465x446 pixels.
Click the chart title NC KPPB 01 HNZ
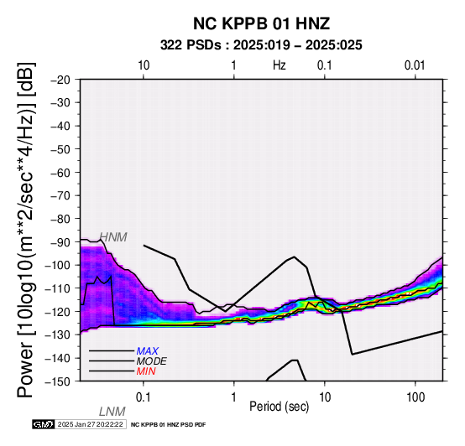[261, 23]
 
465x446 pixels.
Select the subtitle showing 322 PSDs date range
[261, 45]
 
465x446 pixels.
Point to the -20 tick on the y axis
[60, 80]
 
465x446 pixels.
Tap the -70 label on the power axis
[60, 196]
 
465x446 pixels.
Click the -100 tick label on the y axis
[58, 266]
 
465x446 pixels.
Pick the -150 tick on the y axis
[58, 381]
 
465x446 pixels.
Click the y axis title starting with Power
[26, 230]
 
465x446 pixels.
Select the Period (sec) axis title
[279, 407]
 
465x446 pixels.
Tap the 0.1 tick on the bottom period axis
[144, 397]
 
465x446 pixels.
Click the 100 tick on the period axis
[415, 397]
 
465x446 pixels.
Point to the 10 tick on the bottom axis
[325, 397]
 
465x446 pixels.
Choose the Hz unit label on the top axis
[279, 65]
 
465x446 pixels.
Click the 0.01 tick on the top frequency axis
[415, 65]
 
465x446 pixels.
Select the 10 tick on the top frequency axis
[144, 65]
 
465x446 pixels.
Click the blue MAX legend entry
[148, 351]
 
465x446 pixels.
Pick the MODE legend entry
[152, 361]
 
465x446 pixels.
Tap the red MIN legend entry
[146, 371]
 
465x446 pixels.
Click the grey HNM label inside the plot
[113, 237]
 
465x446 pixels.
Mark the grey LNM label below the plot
[112, 412]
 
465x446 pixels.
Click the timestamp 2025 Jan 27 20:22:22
[90, 424]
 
